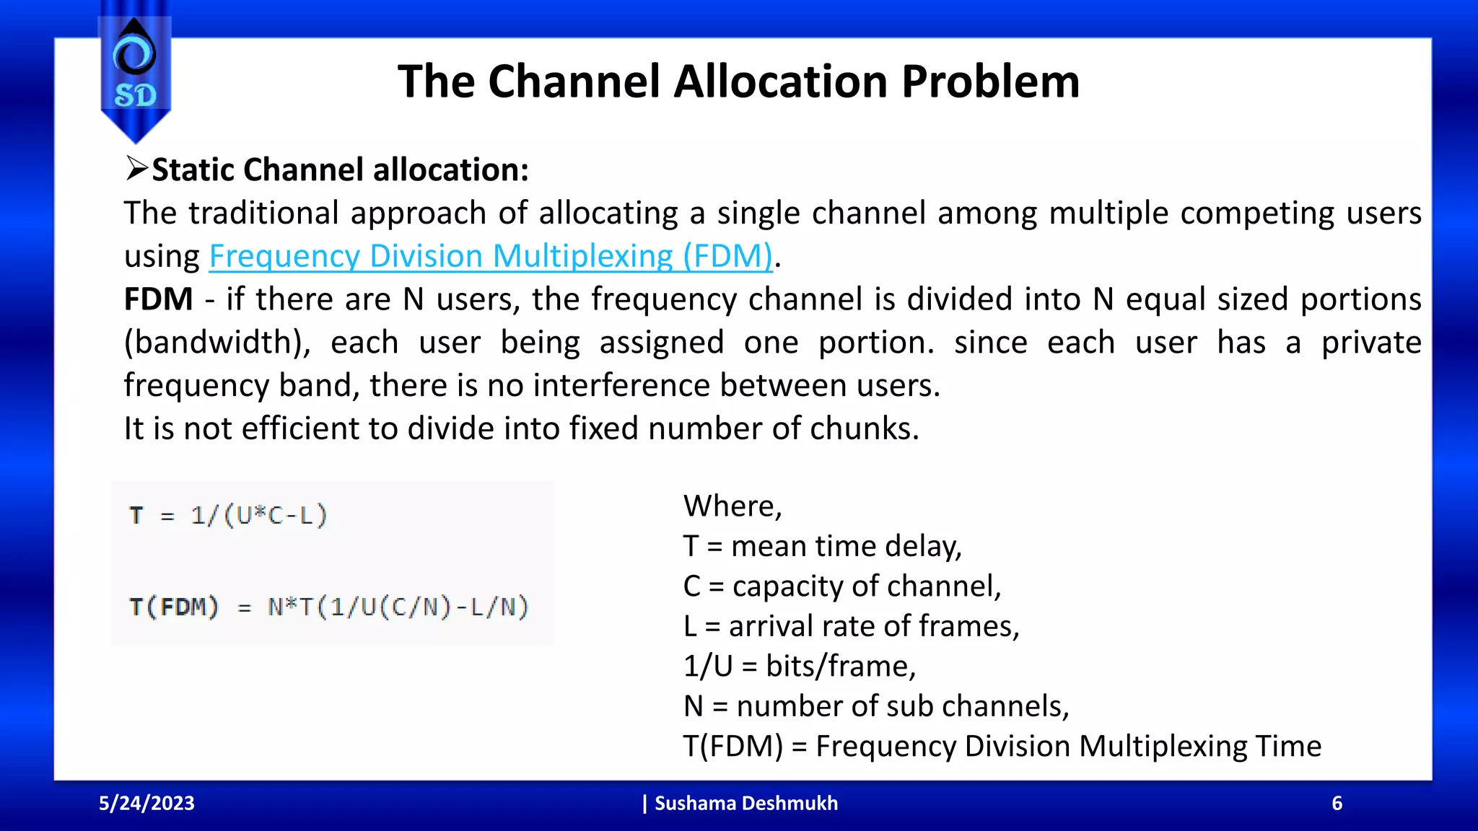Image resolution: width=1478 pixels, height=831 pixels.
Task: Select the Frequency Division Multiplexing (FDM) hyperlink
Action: point(491,256)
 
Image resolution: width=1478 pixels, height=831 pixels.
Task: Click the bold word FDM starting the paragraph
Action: point(158,299)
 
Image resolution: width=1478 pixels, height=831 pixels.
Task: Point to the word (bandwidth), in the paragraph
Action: point(217,343)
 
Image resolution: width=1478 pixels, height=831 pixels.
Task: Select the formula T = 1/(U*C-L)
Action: point(228,516)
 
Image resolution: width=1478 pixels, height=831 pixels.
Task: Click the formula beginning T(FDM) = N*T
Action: point(329,607)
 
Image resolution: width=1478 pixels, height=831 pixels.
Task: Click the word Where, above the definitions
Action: point(732,506)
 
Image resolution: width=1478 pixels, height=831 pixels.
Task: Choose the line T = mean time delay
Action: point(822,546)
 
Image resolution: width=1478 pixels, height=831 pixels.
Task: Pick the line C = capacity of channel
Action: point(841,586)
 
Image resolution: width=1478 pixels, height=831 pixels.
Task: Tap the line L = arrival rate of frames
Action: point(851,626)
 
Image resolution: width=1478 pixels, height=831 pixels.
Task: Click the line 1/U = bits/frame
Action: point(799,666)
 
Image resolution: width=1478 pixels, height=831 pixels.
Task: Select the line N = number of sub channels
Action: point(875,705)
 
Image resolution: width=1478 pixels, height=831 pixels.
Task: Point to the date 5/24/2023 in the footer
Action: point(147,803)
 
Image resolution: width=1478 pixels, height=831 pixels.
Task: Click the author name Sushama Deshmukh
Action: point(745,803)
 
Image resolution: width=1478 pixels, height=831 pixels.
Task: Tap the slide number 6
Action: point(1337,803)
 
